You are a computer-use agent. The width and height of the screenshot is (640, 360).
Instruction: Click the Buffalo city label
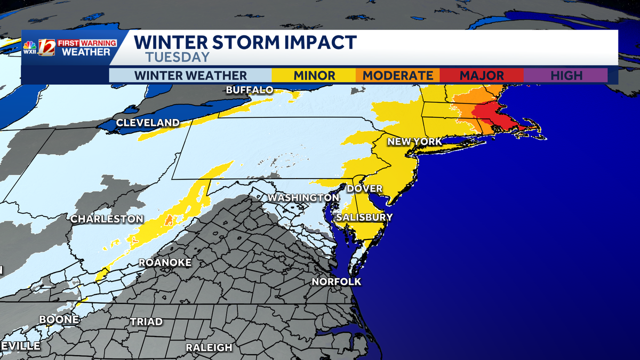[249, 90]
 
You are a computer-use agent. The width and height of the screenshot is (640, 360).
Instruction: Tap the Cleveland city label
[148, 123]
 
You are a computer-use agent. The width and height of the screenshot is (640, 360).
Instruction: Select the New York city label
[414, 141]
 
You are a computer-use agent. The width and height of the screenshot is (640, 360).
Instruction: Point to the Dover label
[364, 189]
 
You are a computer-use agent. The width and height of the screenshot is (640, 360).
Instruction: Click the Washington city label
[303, 198]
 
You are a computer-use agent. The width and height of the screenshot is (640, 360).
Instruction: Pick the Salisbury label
[364, 217]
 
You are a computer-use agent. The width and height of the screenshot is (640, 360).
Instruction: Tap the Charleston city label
[107, 219]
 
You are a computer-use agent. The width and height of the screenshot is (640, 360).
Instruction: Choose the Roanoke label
[165, 262]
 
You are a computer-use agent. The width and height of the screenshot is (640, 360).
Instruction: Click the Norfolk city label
[336, 282]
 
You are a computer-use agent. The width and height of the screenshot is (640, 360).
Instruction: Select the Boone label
[59, 319]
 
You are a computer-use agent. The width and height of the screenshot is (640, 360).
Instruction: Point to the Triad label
[146, 322]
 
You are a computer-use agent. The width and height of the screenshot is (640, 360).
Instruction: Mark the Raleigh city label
[209, 347]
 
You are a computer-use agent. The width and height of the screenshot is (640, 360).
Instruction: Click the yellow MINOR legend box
[314, 75]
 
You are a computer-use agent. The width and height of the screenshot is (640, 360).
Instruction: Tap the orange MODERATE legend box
[398, 75]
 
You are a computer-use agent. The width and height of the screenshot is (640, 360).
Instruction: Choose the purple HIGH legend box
[566, 75]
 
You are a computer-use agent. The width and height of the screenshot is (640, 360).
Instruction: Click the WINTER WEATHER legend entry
[190, 75]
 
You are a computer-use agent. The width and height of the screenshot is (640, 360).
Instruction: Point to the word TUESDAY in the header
[177, 57]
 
